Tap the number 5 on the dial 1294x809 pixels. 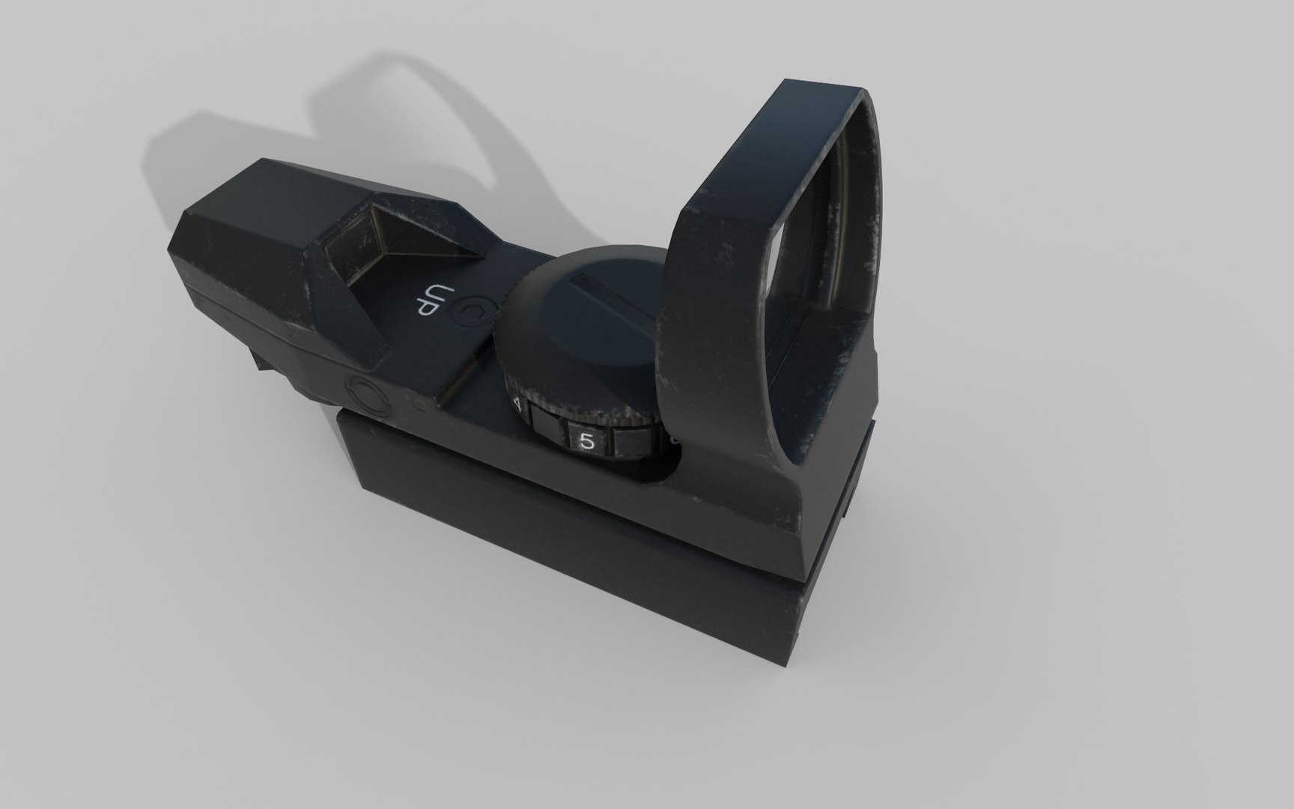[x=588, y=442]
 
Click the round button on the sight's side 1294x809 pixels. [x=367, y=395]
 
